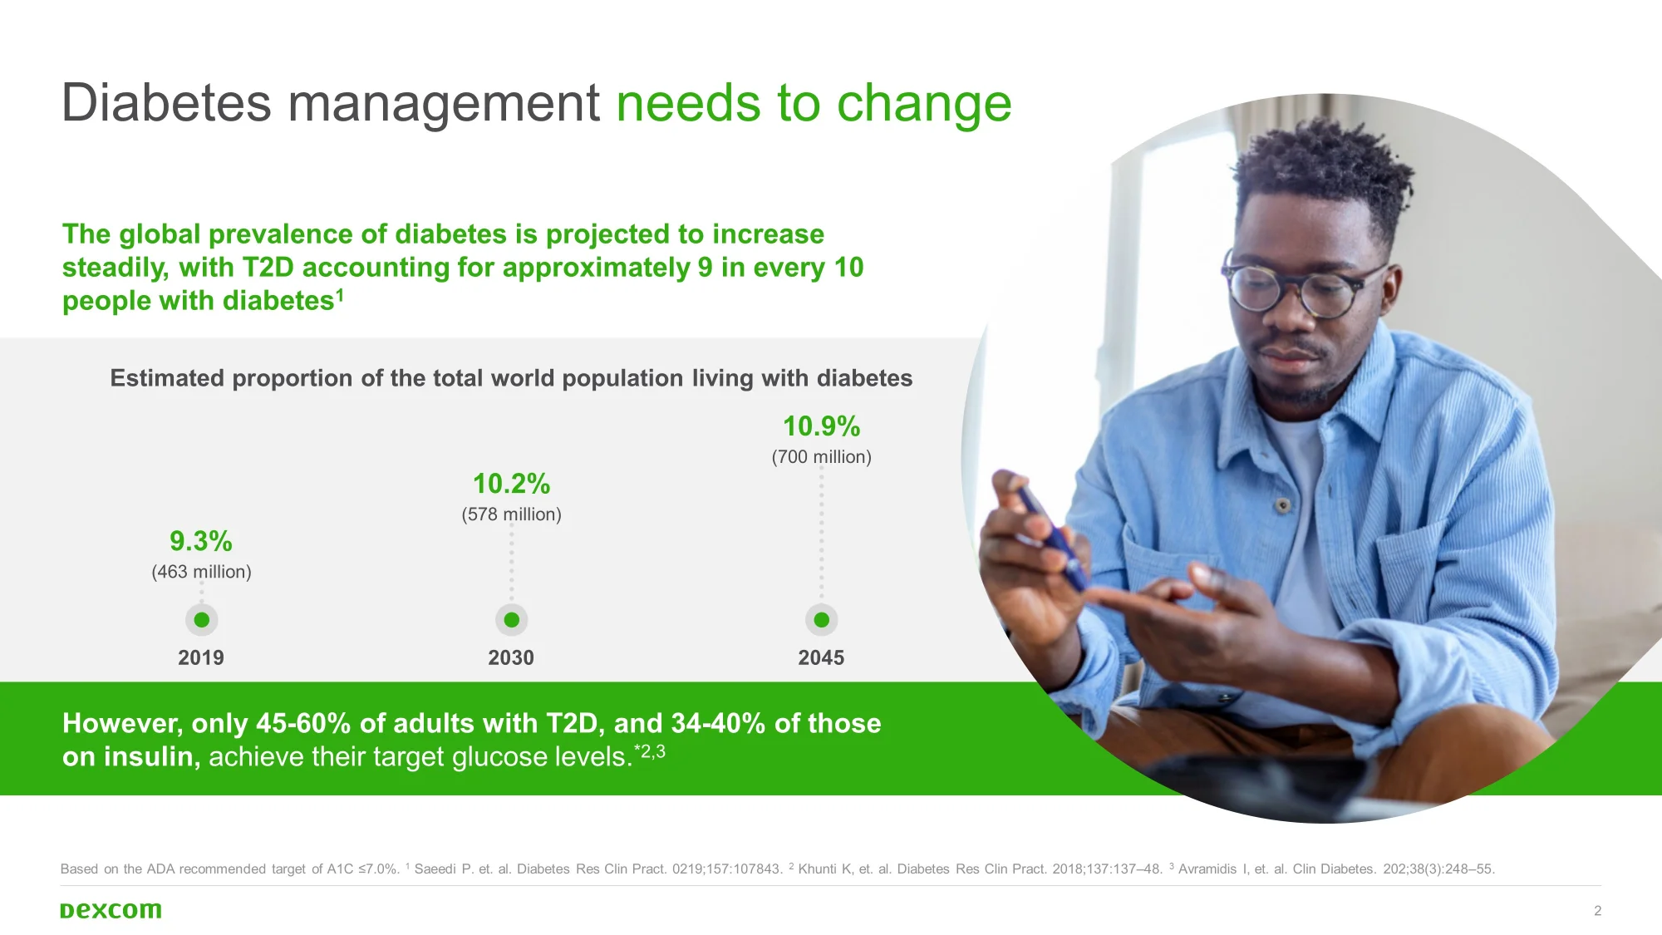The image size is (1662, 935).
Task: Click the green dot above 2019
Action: pos(201,620)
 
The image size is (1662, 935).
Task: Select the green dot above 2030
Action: pos(512,620)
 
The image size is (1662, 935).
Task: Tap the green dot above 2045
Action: pos(822,620)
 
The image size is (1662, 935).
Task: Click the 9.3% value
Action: pos(201,541)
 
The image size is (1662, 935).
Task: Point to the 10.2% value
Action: pos(512,484)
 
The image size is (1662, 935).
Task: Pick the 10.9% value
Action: pos(822,426)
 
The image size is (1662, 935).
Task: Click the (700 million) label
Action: pos(822,457)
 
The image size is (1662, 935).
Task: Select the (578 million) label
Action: pos(512,514)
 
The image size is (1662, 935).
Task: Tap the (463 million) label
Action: pos(201,572)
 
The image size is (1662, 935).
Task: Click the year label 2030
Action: pos(511,657)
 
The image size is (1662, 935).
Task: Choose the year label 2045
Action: pos(821,657)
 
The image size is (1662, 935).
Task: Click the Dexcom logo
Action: pos(111,910)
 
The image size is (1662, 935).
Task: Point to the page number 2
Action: pos(1597,911)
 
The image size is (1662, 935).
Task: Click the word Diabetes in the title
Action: pos(166,103)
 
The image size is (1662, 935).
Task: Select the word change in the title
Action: pos(924,105)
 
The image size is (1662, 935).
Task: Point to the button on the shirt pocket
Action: pos(1283,505)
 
